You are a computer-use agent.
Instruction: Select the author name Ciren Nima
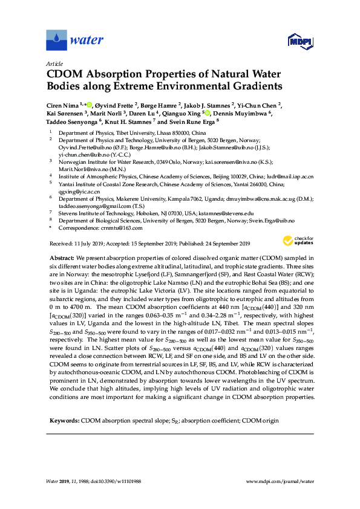coord(64,105)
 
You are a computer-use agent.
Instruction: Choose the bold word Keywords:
coord(64,419)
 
